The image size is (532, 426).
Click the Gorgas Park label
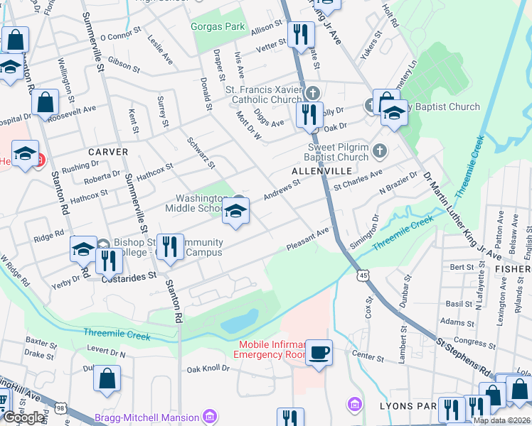click(x=218, y=28)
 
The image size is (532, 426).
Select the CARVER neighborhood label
click(x=108, y=152)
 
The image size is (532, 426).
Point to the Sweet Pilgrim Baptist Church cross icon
click(x=381, y=151)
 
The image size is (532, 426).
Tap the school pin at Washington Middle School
click(x=235, y=210)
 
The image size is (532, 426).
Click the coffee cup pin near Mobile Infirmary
click(x=319, y=352)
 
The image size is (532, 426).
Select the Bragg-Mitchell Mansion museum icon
click(x=209, y=415)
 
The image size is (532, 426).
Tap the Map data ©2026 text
click(x=501, y=420)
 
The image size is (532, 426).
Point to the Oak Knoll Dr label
click(x=208, y=368)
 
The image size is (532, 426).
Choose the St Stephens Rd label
click(x=463, y=360)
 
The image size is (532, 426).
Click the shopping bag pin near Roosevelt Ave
click(x=45, y=103)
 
